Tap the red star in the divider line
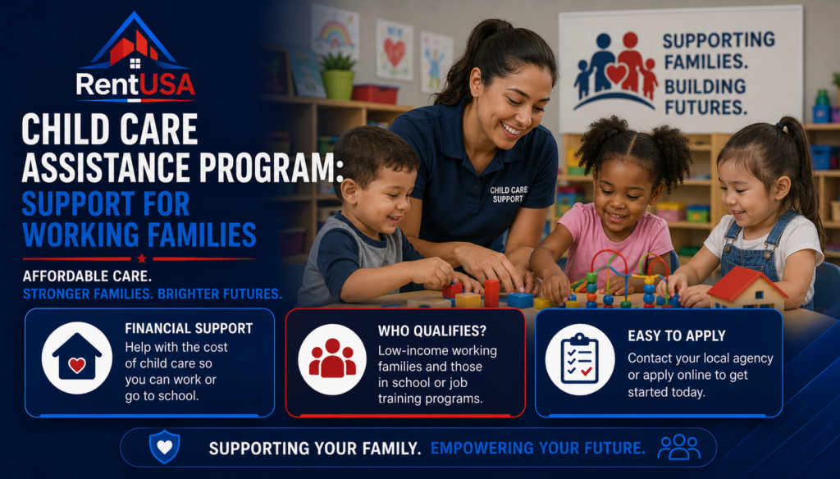click(141, 259)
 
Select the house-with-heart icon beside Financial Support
click(77, 358)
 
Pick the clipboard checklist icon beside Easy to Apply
click(580, 359)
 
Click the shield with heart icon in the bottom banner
click(164, 446)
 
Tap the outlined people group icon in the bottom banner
click(678, 447)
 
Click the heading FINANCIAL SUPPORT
click(189, 328)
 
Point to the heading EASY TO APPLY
click(677, 336)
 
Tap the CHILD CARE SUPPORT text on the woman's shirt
click(509, 194)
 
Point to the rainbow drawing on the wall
click(336, 34)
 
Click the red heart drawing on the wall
click(395, 52)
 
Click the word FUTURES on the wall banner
click(705, 107)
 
